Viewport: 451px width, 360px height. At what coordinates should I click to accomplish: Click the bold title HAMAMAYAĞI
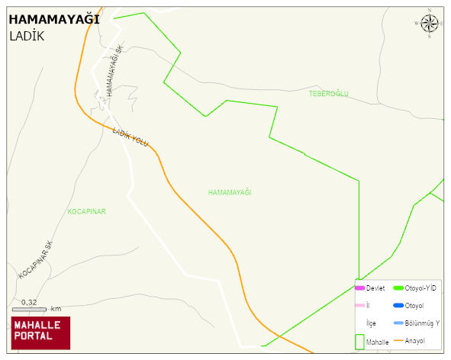[x=53, y=20]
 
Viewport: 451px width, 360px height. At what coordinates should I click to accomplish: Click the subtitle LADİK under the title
[x=27, y=36]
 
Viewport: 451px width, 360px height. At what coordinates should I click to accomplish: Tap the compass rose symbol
[x=430, y=24]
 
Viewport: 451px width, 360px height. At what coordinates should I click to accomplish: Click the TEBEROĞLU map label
[x=328, y=93]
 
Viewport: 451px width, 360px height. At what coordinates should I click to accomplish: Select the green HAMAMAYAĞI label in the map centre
[x=230, y=192]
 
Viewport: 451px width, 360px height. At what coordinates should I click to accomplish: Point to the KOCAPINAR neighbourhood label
[x=86, y=211]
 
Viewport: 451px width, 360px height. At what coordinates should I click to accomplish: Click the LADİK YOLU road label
[x=130, y=137]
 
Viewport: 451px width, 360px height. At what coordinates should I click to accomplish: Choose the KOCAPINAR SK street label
[x=35, y=260]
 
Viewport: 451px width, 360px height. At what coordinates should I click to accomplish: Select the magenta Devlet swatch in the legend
[x=359, y=288]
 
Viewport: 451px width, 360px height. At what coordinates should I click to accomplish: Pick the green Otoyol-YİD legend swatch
[x=398, y=288]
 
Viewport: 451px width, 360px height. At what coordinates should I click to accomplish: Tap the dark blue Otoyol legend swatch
[x=398, y=305]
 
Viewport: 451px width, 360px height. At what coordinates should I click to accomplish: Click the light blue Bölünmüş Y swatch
[x=398, y=323]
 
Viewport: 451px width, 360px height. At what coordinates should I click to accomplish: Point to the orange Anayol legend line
[x=398, y=340]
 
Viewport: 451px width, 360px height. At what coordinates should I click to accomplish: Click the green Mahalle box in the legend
[x=359, y=342]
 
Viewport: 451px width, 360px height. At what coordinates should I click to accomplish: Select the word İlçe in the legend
[x=371, y=323]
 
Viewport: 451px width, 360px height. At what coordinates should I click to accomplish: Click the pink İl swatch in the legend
[x=359, y=305]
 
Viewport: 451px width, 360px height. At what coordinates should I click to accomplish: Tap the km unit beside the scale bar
[x=56, y=309]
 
